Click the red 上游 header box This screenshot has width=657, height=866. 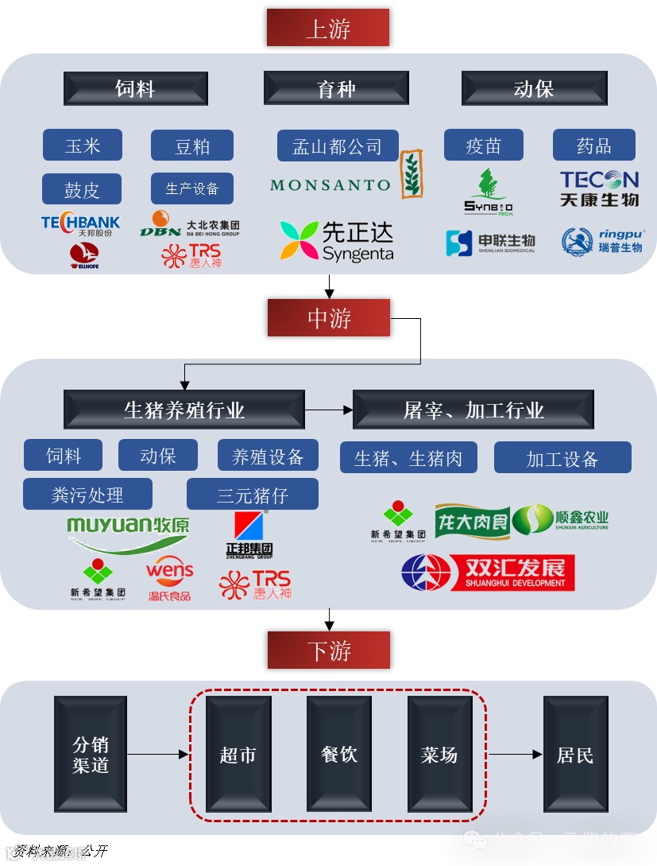(x=327, y=28)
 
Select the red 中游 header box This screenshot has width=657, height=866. (x=328, y=318)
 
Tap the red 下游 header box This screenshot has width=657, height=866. (x=328, y=650)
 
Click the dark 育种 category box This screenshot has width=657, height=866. (x=336, y=88)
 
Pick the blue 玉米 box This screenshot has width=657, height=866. (x=83, y=146)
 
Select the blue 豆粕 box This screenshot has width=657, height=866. (x=192, y=146)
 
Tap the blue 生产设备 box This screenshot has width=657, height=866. (x=192, y=188)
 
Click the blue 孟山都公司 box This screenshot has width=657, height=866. (x=337, y=146)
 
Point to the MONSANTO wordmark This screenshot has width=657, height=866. (x=330, y=185)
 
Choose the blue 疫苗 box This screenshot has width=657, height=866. (x=483, y=146)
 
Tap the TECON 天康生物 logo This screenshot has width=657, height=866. (x=599, y=189)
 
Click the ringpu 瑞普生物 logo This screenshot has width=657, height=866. (x=602, y=241)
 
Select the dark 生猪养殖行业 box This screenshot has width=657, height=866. (x=184, y=410)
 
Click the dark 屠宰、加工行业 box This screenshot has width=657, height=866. (x=473, y=410)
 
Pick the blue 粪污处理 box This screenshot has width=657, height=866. (x=87, y=495)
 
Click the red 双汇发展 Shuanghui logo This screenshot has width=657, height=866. (x=488, y=573)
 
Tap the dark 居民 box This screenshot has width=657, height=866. (x=574, y=754)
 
